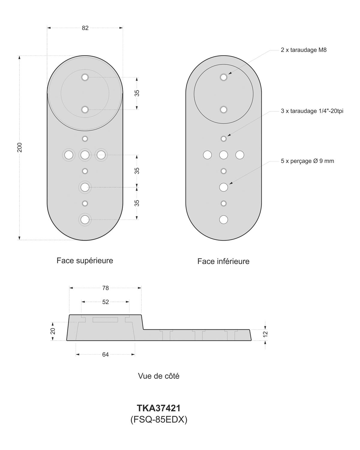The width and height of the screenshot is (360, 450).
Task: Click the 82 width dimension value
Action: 85,28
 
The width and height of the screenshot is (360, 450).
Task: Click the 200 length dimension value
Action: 19,147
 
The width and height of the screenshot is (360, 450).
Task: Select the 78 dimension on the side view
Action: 105,288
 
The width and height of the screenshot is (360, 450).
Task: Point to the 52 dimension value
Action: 105,302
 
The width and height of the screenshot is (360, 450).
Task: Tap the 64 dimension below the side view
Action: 105,355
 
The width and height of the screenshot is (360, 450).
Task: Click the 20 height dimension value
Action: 53,331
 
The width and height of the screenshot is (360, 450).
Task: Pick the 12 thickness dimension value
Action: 265,334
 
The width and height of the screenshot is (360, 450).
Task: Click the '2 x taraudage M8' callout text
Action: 304,50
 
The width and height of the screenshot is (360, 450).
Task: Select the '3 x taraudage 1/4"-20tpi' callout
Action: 312,111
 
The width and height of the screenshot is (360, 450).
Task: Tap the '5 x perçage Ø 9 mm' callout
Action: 307,161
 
